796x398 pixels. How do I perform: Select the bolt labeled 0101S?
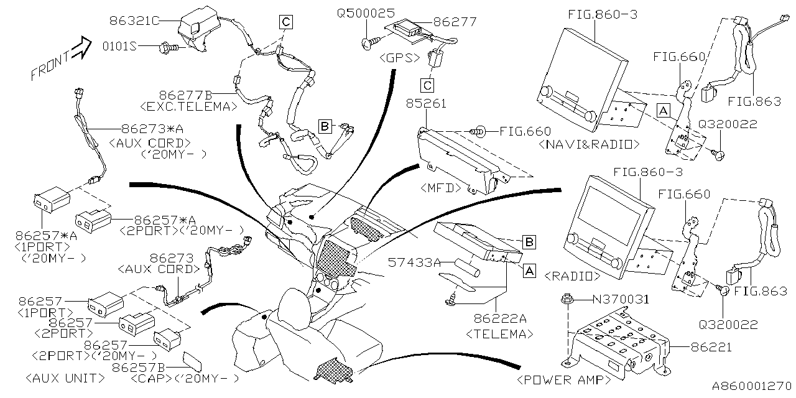click(x=170, y=45)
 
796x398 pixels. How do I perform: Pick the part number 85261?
click(x=426, y=103)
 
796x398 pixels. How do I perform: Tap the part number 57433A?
click(x=414, y=262)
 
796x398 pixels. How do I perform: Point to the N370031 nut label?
click(x=613, y=299)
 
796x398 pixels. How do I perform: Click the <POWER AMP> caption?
click(x=563, y=379)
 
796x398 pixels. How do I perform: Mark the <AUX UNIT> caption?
click(x=66, y=377)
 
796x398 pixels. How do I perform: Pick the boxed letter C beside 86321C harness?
click(x=285, y=22)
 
